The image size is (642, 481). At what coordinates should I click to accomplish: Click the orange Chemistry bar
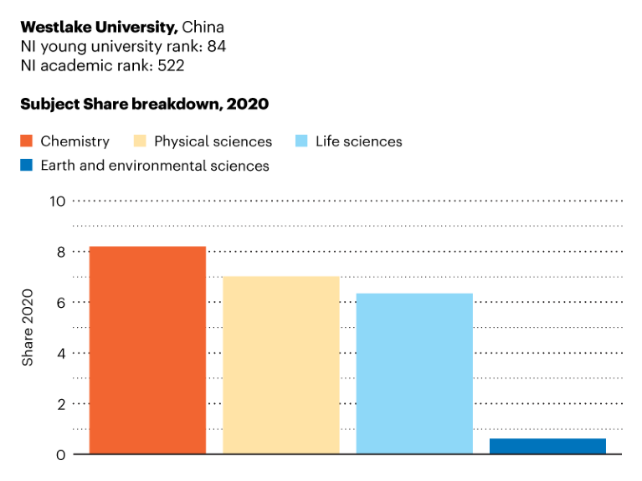(147, 350)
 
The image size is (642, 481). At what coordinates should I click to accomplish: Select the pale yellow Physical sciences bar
(280, 365)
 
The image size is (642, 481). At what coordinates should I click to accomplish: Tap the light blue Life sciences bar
(414, 373)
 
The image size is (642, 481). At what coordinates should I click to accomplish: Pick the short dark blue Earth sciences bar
(547, 446)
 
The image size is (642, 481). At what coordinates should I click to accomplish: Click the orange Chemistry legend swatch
(26, 141)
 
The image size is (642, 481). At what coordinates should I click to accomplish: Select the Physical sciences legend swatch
(140, 141)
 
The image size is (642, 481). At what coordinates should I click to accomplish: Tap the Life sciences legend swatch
(301, 141)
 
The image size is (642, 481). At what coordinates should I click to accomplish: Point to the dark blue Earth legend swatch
(26, 166)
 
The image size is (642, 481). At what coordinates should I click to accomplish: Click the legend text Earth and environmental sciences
(155, 166)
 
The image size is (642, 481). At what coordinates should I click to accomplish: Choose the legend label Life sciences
(358, 141)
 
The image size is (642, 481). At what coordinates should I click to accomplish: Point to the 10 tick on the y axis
(57, 201)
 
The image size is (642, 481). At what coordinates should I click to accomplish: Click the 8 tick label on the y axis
(60, 252)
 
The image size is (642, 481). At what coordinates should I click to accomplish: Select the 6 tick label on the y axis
(60, 303)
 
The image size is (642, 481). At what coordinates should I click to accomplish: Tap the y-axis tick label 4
(60, 353)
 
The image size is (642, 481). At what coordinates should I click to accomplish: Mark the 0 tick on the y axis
(60, 454)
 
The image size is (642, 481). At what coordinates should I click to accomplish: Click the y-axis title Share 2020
(28, 327)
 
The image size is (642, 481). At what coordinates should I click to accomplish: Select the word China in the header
(203, 27)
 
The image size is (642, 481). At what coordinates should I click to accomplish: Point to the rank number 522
(171, 64)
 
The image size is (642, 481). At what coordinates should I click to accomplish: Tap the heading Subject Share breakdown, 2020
(144, 104)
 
